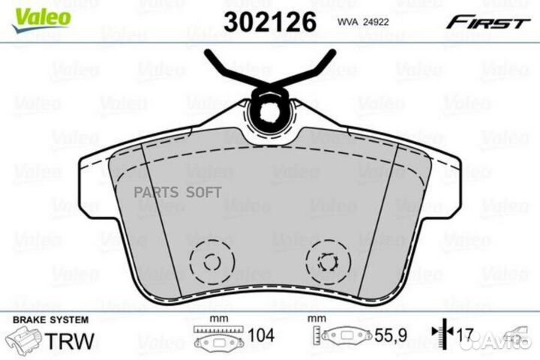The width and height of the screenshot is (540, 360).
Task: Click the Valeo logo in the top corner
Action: pyautogui.click(x=41, y=19)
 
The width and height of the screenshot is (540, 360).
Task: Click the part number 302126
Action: pyautogui.click(x=270, y=22)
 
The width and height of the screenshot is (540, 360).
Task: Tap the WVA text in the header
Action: pyautogui.click(x=349, y=22)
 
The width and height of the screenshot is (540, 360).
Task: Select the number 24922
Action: pyautogui.click(x=376, y=22)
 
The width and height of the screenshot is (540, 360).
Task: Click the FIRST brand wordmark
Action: pyautogui.click(x=487, y=22)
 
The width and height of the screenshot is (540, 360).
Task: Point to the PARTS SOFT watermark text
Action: pyautogui.click(x=177, y=193)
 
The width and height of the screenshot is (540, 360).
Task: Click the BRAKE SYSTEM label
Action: pyautogui.click(x=51, y=320)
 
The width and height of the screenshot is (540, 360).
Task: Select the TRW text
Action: pyautogui.click(x=70, y=340)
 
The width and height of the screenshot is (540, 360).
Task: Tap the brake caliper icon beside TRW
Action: pyautogui.click(x=24, y=340)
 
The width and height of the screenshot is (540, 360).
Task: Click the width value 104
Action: pyautogui.click(x=262, y=335)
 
